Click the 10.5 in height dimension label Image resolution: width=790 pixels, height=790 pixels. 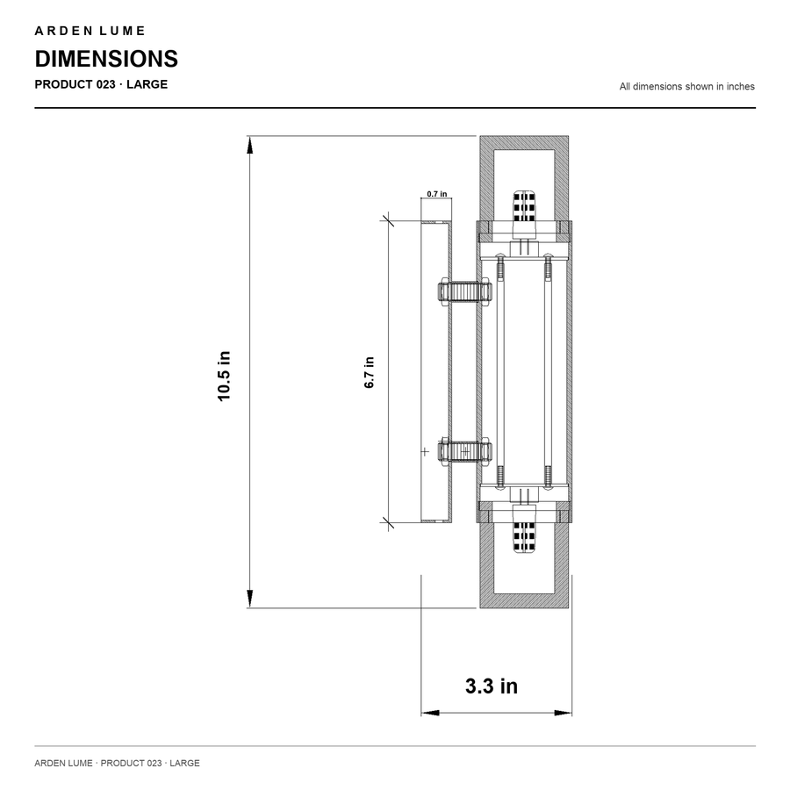[224, 376]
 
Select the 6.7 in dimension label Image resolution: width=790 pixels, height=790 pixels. [370, 372]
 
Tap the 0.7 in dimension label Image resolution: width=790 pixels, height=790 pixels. [437, 194]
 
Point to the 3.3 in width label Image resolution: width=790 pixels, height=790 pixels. [492, 686]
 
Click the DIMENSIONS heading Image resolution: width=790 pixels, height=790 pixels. [106, 59]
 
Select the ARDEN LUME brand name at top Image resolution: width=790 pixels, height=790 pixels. [90, 31]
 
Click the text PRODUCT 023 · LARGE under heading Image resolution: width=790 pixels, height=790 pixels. [101, 84]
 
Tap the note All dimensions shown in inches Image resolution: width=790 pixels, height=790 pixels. [686, 87]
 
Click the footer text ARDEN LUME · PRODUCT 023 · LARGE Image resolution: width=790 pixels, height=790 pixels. [117, 763]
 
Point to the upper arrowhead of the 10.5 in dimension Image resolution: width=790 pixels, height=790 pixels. [250, 145]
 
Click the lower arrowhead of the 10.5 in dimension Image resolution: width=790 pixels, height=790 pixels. [250, 599]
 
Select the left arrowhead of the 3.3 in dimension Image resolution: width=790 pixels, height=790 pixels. [430, 713]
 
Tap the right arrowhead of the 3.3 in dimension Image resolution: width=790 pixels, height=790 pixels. [563, 713]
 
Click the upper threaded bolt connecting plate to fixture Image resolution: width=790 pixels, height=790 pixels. [464, 291]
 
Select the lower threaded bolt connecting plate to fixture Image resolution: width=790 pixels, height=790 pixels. [464, 451]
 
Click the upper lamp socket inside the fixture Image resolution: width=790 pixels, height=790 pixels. [524, 206]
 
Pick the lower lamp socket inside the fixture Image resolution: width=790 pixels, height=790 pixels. [524, 536]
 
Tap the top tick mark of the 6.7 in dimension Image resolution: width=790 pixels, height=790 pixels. [388, 220]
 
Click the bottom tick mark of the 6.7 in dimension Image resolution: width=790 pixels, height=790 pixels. [388, 523]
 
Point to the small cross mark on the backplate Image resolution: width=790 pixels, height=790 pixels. [425, 452]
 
